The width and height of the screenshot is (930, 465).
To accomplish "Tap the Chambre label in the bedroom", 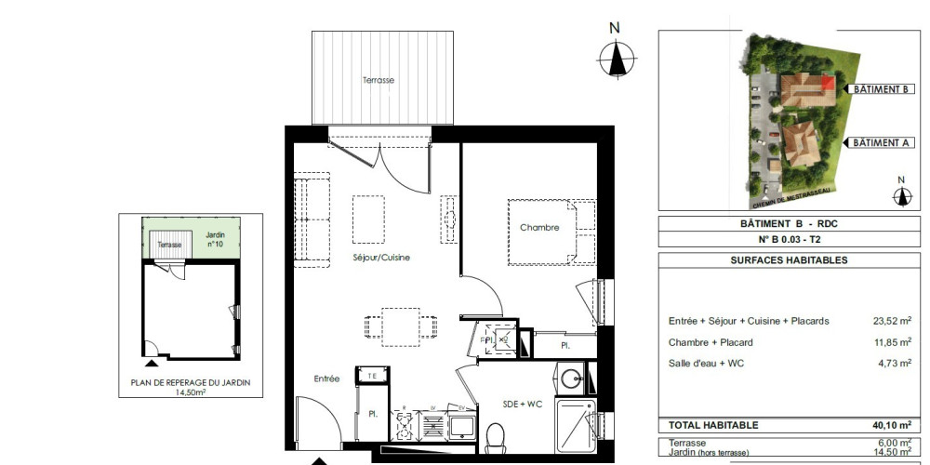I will click(539, 228).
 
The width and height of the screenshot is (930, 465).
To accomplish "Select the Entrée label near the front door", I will click(326, 379).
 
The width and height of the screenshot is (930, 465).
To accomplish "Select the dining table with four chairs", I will click(401, 327).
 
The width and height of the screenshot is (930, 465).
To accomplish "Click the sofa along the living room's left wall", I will click(312, 219).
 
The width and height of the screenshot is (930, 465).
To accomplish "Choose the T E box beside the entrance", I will click(372, 375).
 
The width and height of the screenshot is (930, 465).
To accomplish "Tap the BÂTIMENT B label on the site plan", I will click(880, 89).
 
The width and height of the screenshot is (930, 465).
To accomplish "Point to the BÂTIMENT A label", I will click(880, 142).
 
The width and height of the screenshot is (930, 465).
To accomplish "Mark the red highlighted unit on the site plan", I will click(828, 83).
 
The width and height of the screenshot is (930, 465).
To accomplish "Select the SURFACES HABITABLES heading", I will click(789, 260).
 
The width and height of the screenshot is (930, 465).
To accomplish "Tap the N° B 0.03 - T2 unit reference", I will click(789, 240).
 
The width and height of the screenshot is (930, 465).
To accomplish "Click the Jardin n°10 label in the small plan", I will click(215, 239).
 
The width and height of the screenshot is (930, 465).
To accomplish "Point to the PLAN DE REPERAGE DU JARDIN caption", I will click(191, 382).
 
